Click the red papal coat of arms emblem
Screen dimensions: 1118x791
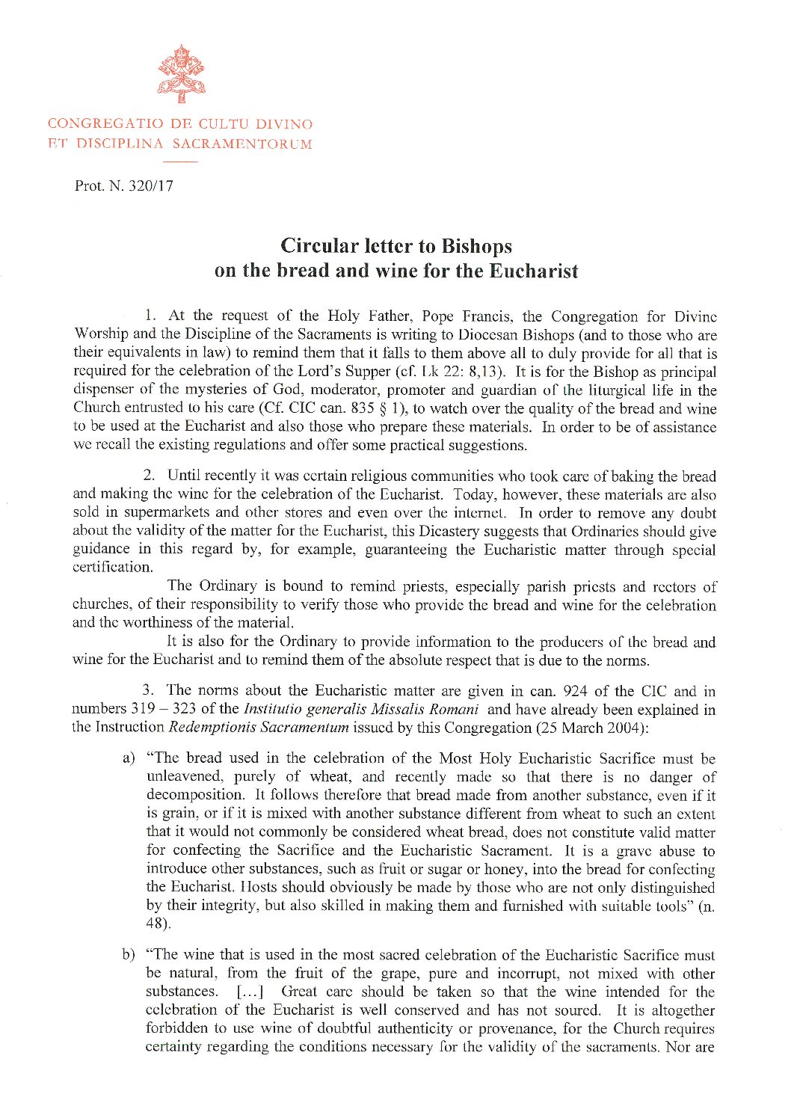180,73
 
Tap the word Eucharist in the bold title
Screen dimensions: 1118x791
533,271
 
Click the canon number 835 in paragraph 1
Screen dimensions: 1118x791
362,408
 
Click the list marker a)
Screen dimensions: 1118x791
129,759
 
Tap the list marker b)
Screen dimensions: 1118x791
129,956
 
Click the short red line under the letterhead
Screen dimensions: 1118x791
180,162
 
